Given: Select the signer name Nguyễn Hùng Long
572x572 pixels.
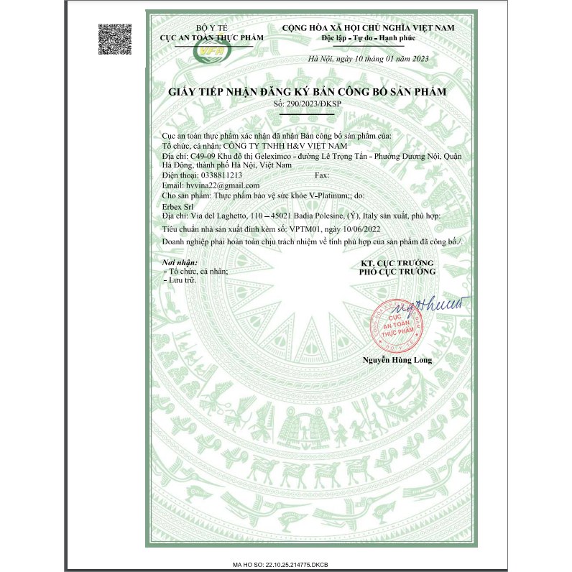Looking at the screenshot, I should [397, 359].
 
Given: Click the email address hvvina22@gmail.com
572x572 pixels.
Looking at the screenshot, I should [212, 185].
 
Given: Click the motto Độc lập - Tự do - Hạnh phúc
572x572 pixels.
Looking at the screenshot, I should [367, 37].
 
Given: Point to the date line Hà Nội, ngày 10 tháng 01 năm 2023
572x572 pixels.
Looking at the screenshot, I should [367, 59].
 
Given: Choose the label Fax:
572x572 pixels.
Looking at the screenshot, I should [322, 175].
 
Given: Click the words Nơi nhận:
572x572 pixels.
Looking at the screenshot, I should [180, 264].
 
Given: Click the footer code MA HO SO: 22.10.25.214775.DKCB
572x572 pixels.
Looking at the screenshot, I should [285, 566].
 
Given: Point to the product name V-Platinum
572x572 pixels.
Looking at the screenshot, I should [321, 195].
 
